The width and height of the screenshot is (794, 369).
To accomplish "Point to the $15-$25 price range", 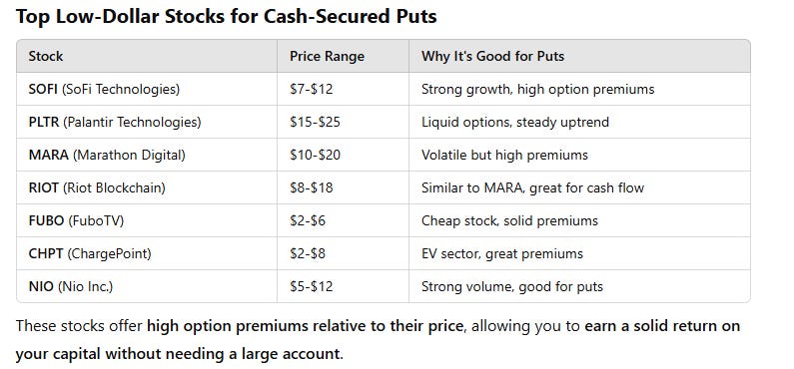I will pyautogui.click(x=315, y=122).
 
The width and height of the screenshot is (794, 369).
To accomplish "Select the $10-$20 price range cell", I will pyautogui.click(x=315, y=155).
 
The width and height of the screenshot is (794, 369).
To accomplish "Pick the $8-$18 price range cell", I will pyautogui.click(x=311, y=187).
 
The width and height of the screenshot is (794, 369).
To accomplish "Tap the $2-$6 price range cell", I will pyautogui.click(x=307, y=220).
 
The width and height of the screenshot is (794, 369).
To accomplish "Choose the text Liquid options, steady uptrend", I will pyautogui.click(x=515, y=122).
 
